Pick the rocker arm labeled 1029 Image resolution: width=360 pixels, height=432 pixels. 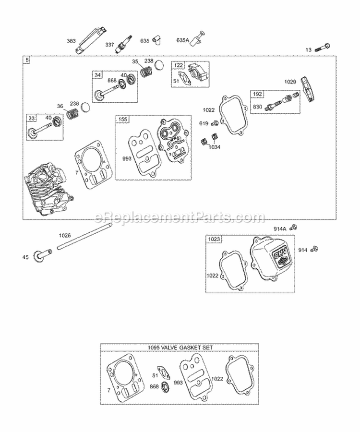click(307, 87)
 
